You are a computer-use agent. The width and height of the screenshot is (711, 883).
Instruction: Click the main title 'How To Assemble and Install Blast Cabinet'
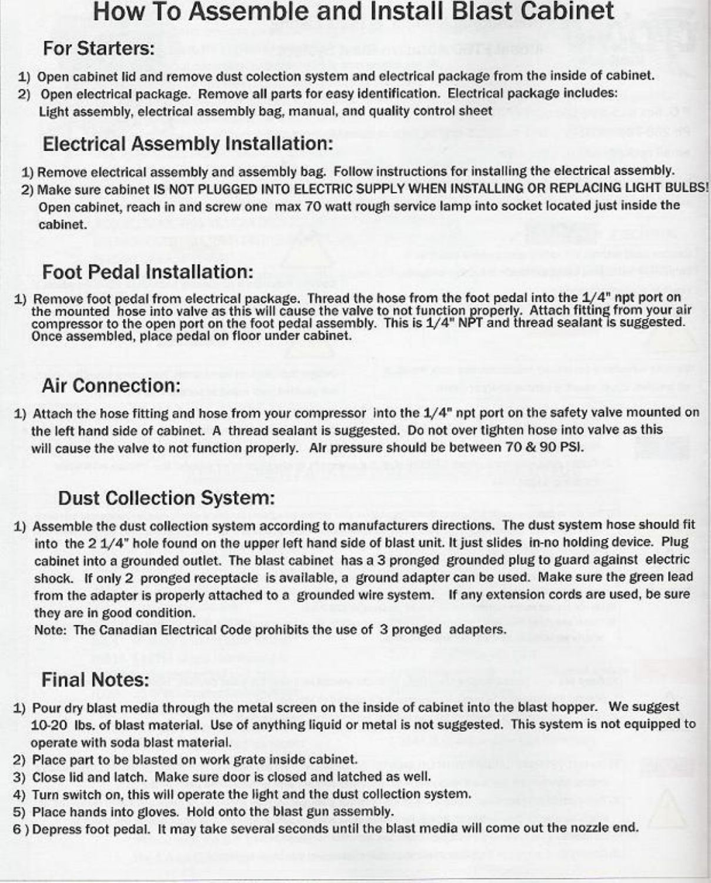pos(353,12)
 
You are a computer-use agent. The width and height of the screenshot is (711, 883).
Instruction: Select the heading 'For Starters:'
pos(99,48)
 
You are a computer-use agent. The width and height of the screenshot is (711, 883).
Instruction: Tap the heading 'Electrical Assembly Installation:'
pos(188,144)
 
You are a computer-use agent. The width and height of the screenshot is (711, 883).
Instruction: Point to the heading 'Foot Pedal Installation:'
pos(148,272)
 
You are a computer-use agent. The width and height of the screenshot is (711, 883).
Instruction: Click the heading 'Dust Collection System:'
pos(166,498)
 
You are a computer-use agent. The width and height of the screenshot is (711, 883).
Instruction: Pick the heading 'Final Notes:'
pos(95,680)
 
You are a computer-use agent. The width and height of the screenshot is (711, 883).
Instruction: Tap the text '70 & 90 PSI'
pos(544,447)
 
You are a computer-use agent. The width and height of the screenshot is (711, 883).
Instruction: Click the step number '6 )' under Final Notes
pos(21,829)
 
